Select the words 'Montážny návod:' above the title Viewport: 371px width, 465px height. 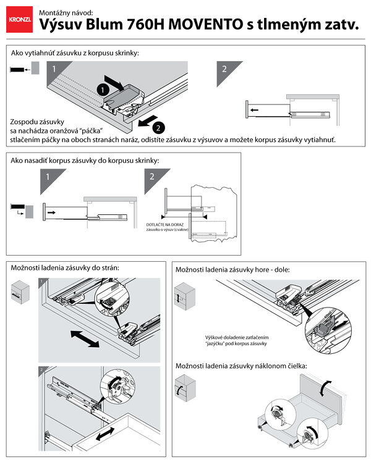[x=66, y=12]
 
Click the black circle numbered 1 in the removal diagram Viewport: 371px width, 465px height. [x=101, y=89]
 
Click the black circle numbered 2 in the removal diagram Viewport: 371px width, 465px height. [x=158, y=128]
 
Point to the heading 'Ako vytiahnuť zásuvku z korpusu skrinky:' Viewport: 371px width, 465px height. [x=75, y=53]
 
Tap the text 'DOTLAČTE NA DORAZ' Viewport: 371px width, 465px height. [x=164, y=225]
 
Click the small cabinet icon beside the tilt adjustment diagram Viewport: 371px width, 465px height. [x=184, y=390]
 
